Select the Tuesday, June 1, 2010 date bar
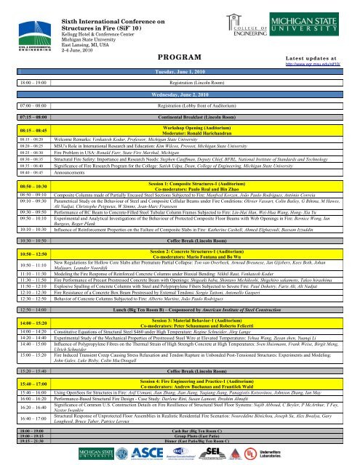(177, 73)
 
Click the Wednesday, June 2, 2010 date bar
(179, 94)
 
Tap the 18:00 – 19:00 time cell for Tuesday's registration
(20, 84)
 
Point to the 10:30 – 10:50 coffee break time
(20, 219)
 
